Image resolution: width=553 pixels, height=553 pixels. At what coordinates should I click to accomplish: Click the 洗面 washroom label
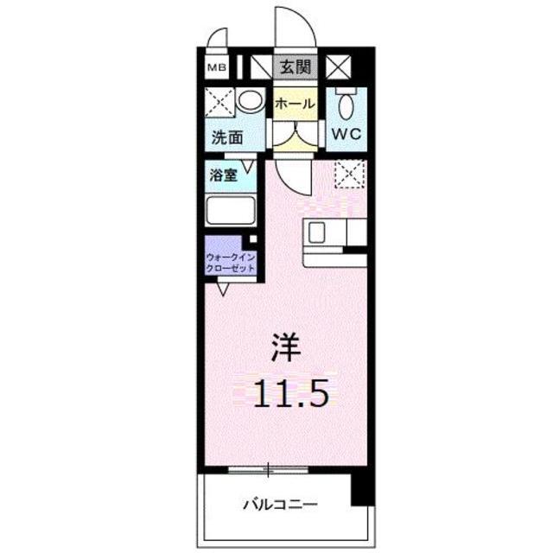point(228,137)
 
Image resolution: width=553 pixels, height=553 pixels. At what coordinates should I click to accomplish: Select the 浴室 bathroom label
point(222,175)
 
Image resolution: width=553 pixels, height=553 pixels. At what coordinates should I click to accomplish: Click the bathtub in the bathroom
point(232,212)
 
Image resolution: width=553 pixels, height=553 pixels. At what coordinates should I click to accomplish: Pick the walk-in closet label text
point(231,263)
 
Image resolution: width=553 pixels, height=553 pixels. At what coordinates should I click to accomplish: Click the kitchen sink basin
point(317,233)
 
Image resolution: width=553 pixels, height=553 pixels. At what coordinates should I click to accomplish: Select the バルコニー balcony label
point(279,504)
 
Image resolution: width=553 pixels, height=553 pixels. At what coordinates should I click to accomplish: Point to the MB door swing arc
point(217,39)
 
